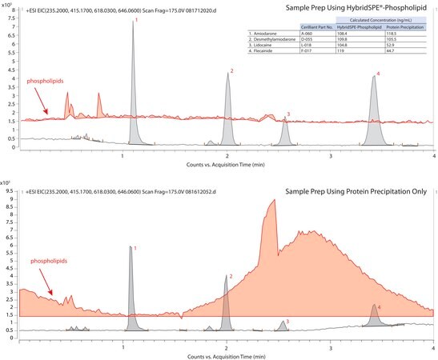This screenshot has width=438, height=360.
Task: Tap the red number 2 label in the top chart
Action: pyautogui.click(x=231, y=72)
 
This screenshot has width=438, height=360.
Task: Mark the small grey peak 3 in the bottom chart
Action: pyautogui.click(x=282, y=325)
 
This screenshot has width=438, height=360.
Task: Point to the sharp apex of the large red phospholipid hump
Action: pyautogui.click(x=275, y=201)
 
